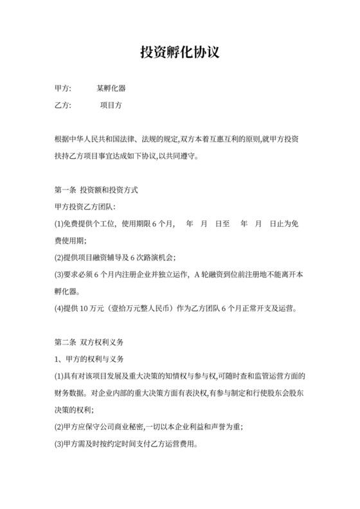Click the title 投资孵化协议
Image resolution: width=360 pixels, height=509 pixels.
180,52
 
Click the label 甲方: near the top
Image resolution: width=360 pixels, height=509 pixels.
65,88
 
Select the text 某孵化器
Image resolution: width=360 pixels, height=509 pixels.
111,88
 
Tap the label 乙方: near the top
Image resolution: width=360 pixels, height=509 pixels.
65,105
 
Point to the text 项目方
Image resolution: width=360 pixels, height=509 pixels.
111,105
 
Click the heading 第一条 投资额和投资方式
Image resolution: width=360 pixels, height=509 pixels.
96,191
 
